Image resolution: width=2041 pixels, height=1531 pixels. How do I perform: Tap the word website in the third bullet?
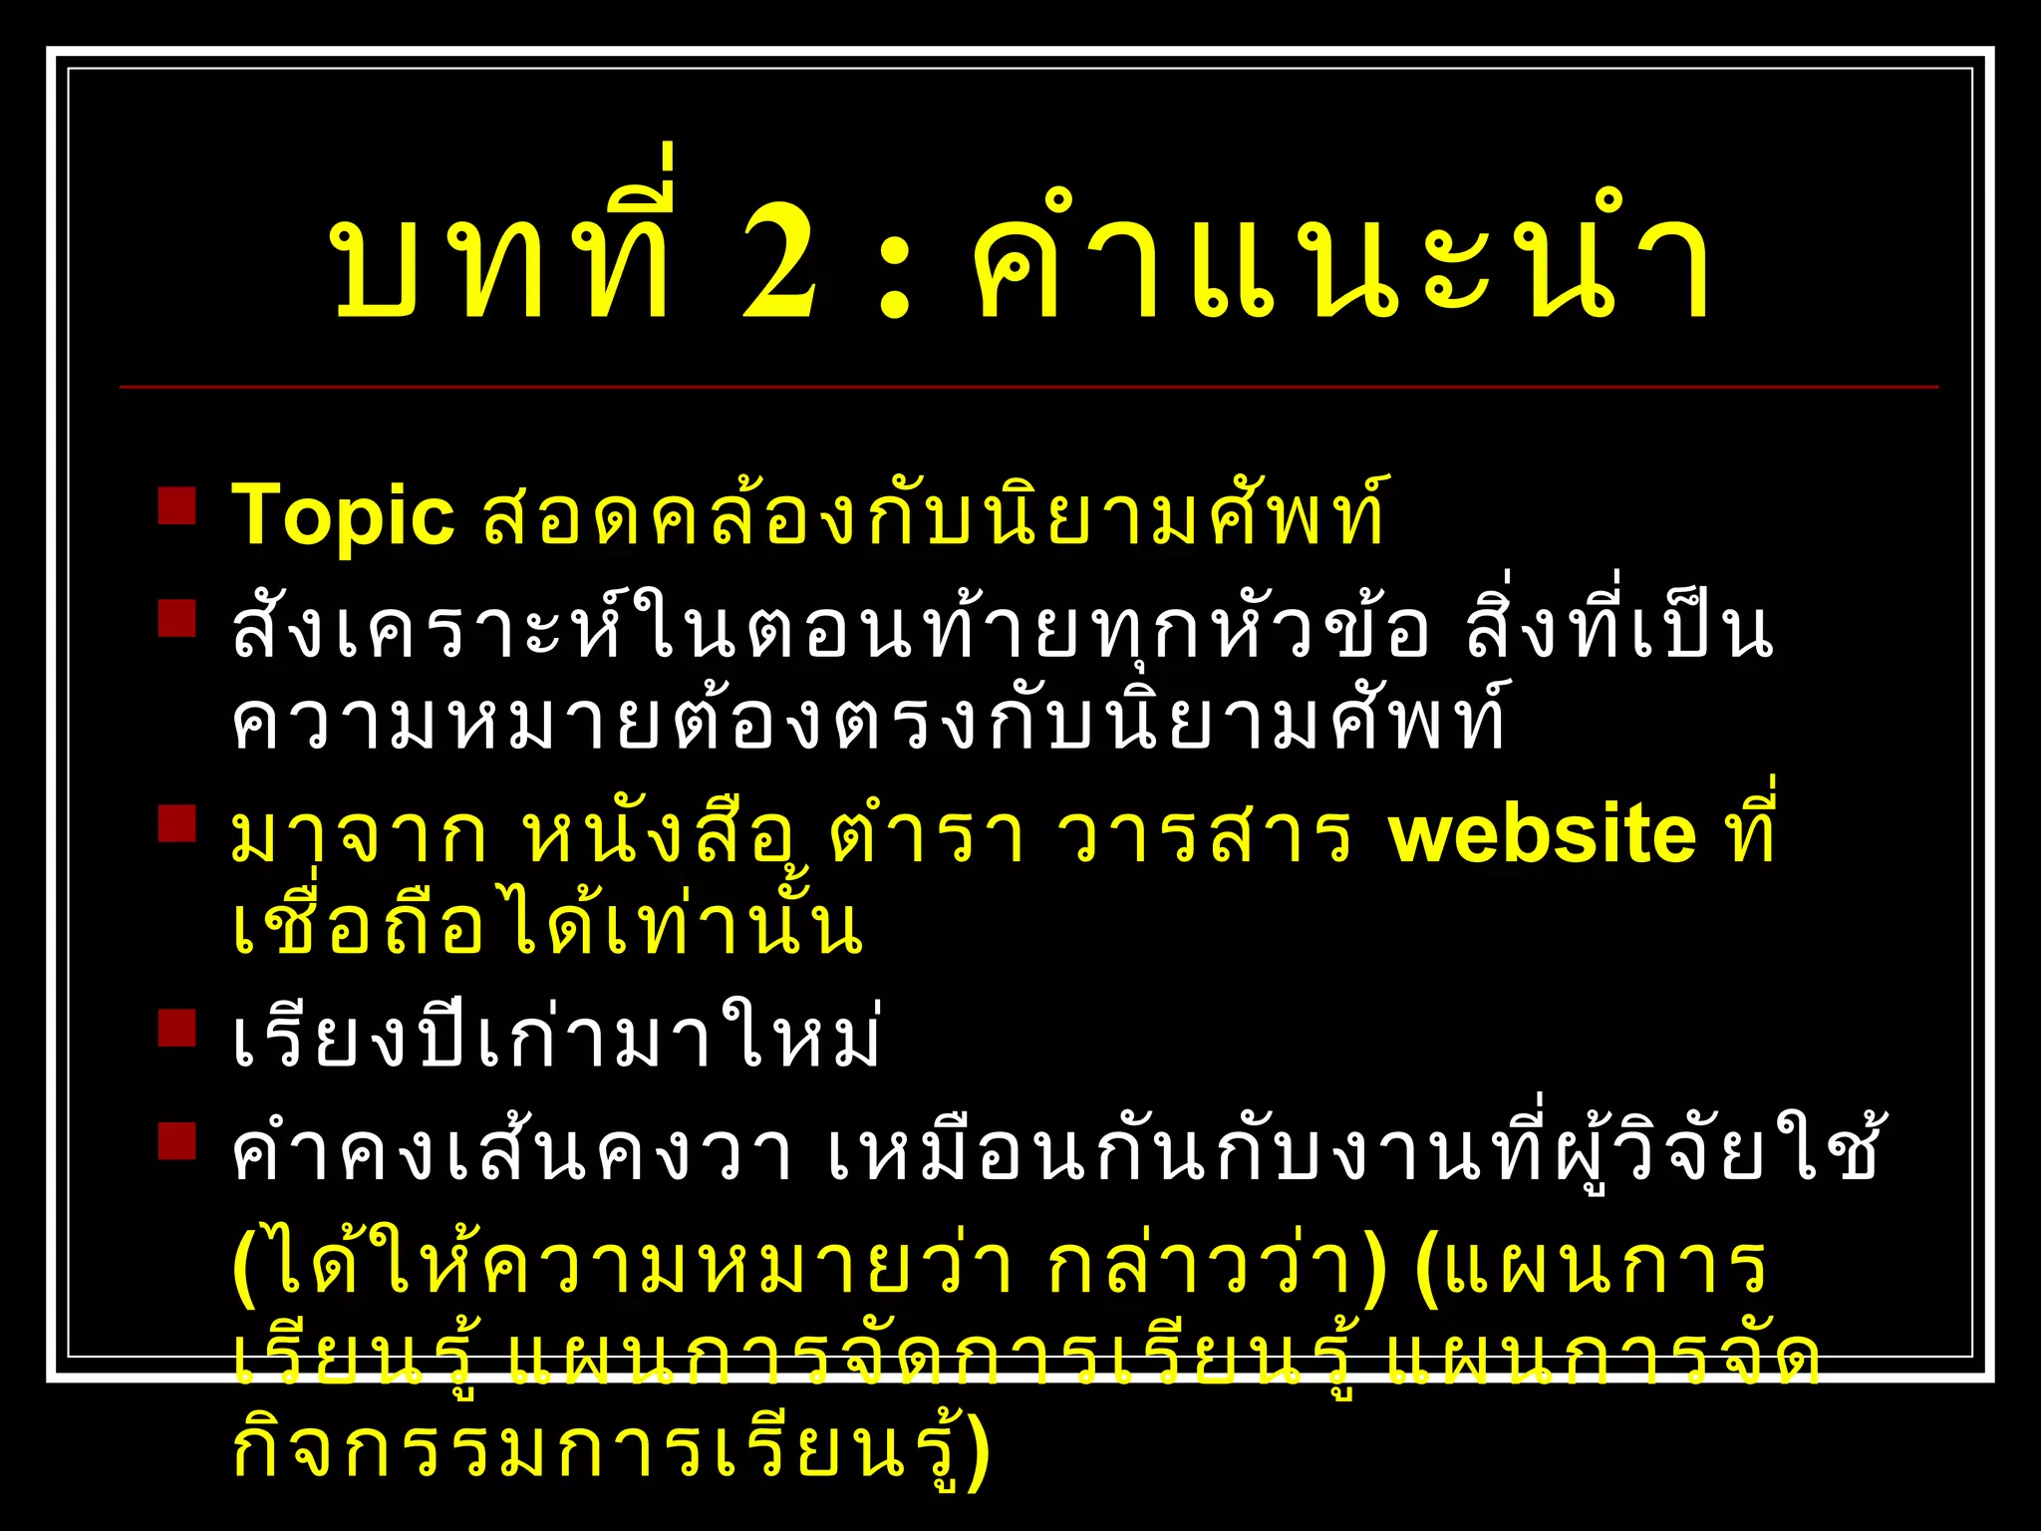[1542, 835]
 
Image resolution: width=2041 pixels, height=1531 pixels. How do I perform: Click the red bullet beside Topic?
[177, 505]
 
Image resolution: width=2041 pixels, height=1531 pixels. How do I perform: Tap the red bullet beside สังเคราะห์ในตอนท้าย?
[177, 617]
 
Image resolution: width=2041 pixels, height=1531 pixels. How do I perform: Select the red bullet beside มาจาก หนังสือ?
[177, 824]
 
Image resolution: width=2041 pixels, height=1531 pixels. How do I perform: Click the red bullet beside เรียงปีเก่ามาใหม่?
[177, 1028]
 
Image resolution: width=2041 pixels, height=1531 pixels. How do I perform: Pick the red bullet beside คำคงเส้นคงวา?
[177, 1141]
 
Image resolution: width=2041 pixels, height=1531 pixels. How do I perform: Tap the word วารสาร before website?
[1203, 835]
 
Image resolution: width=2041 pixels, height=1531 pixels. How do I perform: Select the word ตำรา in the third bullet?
[927, 835]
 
